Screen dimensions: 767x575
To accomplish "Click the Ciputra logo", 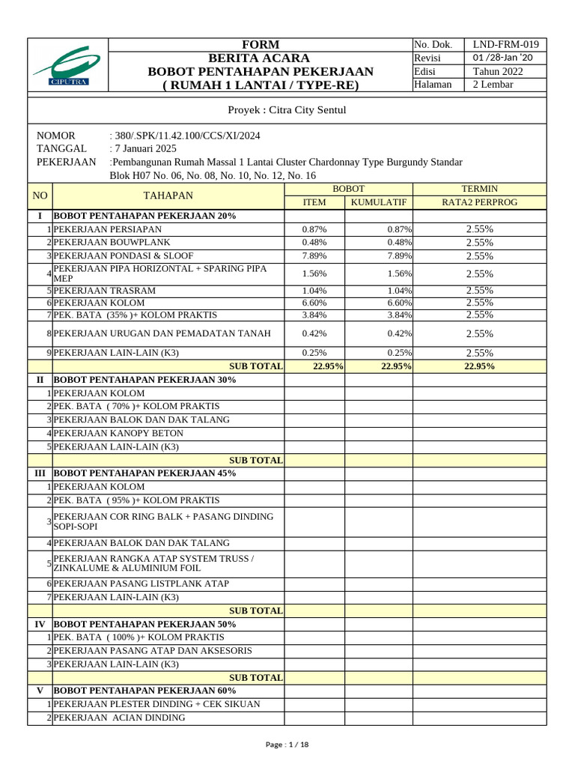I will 67,65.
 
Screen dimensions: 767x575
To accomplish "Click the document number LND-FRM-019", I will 505,44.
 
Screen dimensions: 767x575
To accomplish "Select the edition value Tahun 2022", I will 498,71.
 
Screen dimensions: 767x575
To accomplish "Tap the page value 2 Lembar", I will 493,85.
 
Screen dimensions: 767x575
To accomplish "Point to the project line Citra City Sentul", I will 287,110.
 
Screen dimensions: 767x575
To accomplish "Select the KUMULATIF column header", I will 379,202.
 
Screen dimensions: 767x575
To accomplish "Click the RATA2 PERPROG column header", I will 479,202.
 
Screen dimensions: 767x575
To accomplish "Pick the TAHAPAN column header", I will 168,195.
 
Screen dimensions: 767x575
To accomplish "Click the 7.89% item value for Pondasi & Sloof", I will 314,255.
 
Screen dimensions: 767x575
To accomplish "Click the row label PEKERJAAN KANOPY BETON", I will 120,433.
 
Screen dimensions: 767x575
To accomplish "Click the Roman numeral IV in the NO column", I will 40,624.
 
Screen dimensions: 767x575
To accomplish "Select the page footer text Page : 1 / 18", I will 287,745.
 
